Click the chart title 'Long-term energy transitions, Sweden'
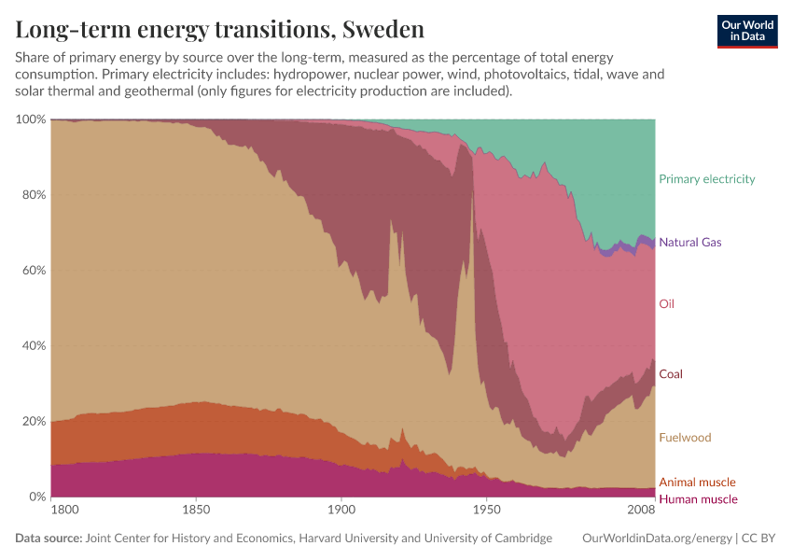(206, 30)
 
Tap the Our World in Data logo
(747, 30)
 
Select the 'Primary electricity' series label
(706, 179)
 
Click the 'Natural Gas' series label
(689, 243)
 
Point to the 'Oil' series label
(666, 304)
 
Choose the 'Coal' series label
(671, 374)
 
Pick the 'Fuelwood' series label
(684, 438)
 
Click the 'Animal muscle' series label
(697, 483)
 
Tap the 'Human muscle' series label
(698, 499)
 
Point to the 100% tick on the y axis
(30, 120)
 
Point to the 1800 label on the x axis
(64, 511)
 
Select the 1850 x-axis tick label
(195, 511)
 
